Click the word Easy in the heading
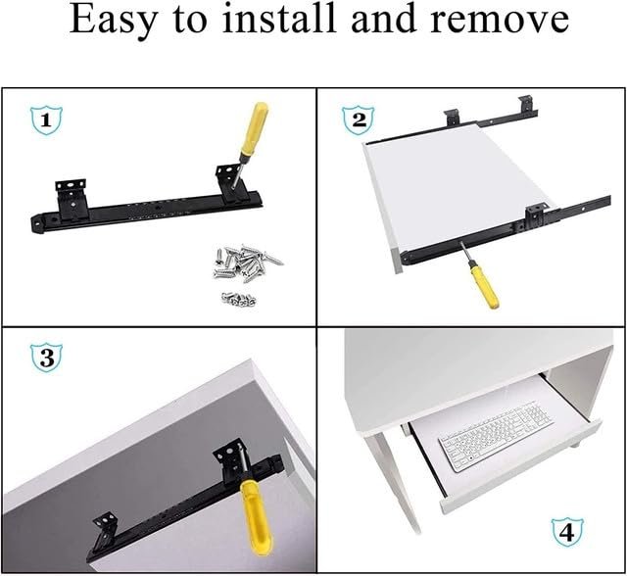pos(115,21)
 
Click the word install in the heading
pos(278,19)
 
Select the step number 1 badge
pos(46,120)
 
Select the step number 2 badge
pos(359,120)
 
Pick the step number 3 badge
pos(46,358)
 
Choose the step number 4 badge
pos(567,532)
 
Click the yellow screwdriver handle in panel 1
pos(254,128)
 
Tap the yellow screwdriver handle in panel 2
pos(485,286)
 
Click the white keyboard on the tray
pos(497,436)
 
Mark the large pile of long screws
pos(247,262)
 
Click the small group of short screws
pos(239,299)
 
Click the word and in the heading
pos(383,19)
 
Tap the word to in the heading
pos(190,21)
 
